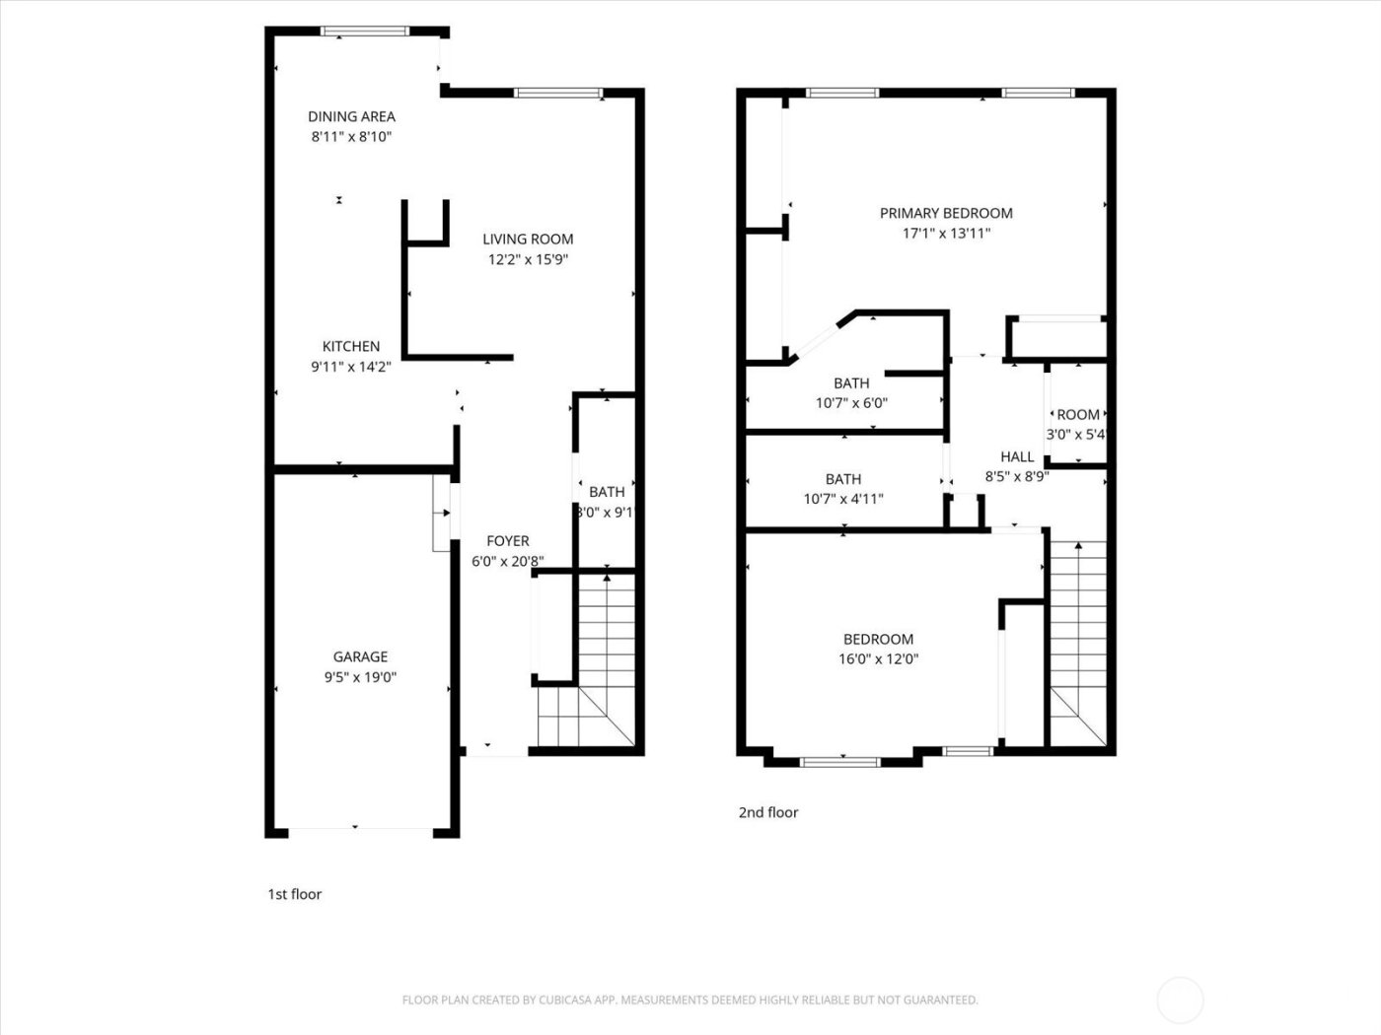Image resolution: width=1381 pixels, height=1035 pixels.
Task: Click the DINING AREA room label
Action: coord(351,116)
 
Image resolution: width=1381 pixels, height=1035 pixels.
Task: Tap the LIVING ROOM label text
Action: coord(528,239)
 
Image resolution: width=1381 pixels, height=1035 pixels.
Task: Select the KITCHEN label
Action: coord(351,346)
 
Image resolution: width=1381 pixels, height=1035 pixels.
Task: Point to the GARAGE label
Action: coord(360,656)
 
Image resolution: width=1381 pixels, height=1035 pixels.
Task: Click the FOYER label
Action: coord(508,541)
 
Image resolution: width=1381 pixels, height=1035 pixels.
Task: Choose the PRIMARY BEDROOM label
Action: coord(946,213)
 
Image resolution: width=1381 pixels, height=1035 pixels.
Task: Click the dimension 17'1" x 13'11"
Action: coord(946,234)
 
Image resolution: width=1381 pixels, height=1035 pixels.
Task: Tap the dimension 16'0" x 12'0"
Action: coord(878,659)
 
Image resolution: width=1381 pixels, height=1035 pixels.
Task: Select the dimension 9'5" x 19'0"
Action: coord(360,677)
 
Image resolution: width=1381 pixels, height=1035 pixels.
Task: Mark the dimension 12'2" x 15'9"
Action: coord(528,260)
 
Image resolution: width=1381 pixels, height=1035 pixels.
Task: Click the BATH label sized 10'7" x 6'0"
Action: coord(851,382)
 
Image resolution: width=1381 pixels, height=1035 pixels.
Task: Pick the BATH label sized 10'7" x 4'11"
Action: coord(843,479)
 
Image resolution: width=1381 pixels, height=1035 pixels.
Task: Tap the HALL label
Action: coord(1017,456)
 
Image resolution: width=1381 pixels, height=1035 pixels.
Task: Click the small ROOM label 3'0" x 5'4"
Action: coord(1077,415)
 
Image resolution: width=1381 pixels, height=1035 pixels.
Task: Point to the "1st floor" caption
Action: coord(294,894)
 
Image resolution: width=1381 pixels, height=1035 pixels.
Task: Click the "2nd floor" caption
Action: coord(768,812)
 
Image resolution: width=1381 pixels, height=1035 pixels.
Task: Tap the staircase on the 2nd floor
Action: coord(1077,641)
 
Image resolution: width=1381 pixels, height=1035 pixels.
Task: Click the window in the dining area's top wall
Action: coord(364,31)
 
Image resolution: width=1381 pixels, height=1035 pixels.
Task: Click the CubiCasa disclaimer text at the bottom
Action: coord(690,1000)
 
